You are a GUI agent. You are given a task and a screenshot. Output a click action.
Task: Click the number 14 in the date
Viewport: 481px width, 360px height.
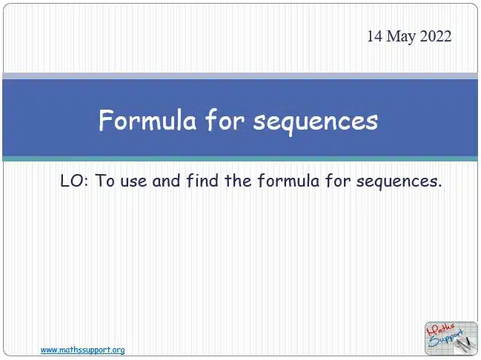[x=375, y=36]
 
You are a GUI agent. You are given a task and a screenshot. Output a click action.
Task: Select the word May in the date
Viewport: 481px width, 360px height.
[x=401, y=37]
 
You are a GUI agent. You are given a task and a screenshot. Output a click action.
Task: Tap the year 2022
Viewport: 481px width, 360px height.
[x=435, y=36]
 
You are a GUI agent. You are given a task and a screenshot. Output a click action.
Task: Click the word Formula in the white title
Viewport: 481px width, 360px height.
[x=147, y=120]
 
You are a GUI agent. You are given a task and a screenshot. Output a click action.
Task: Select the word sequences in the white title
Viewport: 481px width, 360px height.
[x=316, y=122]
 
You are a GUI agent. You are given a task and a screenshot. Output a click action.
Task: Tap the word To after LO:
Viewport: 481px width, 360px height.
[x=105, y=181]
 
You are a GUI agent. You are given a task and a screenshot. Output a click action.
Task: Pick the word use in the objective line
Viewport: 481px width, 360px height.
[x=133, y=181]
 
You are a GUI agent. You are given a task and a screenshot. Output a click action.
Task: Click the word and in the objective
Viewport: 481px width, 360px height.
[x=166, y=181]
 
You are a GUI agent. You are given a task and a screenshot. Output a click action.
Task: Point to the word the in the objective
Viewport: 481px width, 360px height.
[x=238, y=181]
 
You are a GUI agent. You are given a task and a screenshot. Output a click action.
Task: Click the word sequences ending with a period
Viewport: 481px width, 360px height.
[x=399, y=181]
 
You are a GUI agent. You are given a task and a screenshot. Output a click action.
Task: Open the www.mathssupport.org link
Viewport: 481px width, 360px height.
[x=82, y=350]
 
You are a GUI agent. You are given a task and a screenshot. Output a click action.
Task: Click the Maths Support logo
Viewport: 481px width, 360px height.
[x=451, y=339]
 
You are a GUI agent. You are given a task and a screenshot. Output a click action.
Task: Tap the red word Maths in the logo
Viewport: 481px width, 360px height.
[x=440, y=330]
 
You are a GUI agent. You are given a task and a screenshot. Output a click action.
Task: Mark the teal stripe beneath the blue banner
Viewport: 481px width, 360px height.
[x=240, y=159]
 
